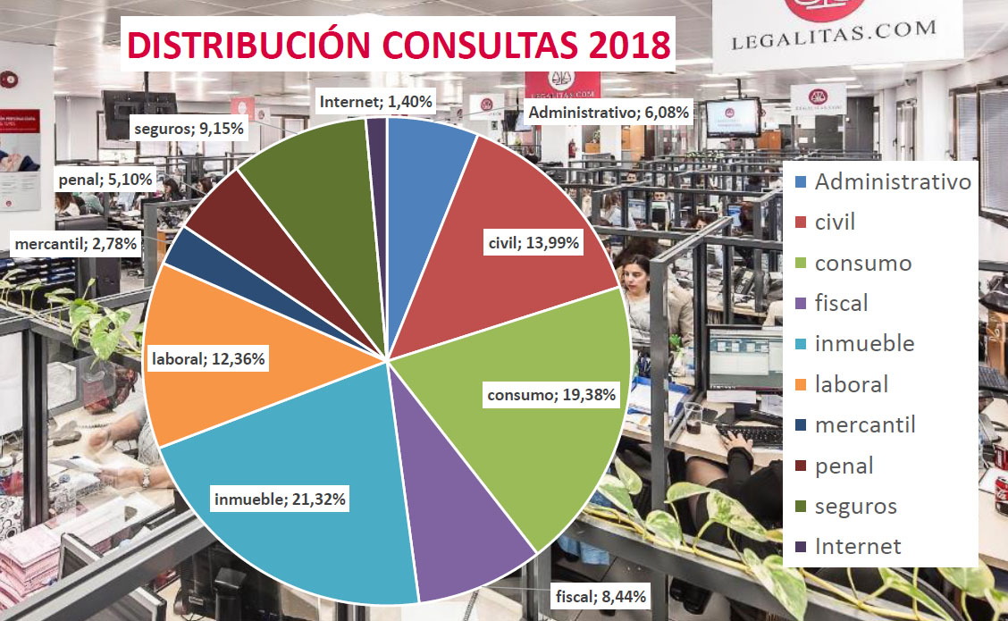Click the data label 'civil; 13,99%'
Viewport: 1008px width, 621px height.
pyautogui.click(x=534, y=242)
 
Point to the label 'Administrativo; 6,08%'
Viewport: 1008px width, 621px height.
pyautogui.click(x=610, y=113)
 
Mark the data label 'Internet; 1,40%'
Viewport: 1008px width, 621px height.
pyautogui.click(x=375, y=102)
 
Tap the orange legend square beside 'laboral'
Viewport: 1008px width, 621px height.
pyautogui.click(x=802, y=385)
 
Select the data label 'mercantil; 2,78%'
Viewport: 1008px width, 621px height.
pyautogui.click(x=75, y=242)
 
